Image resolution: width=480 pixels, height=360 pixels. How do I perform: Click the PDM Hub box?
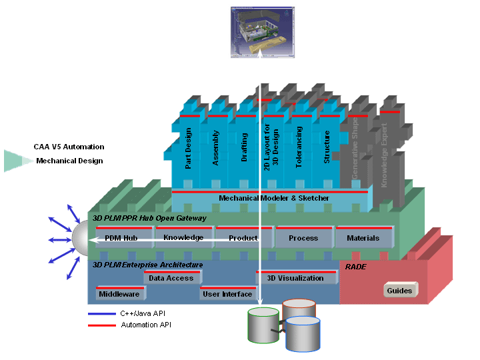click(121, 238)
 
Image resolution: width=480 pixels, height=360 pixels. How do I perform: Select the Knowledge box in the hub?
click(183, 237)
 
